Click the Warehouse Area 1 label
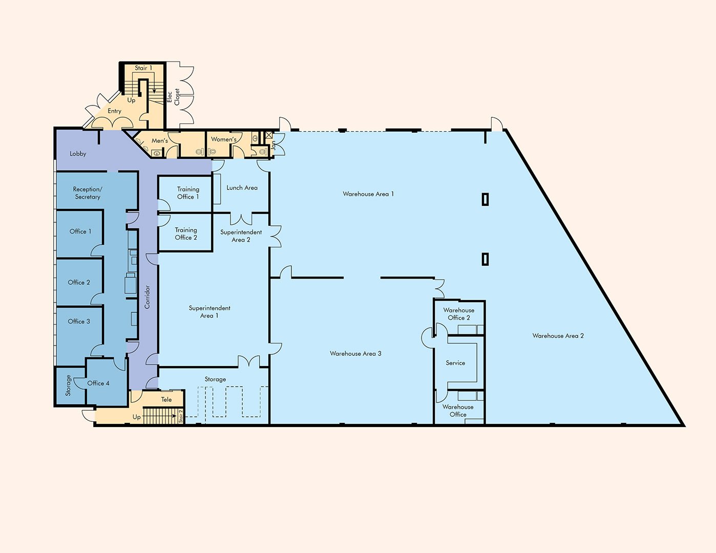pyautogui.click(x=368, y=194)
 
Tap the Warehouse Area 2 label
pyautogui.click(x=558, y=335)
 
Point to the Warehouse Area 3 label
pyautogui.click(x=355, y=353)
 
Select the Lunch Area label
pyautogui.click(x=242, y=188)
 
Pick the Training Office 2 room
pyautogui.click(x=185, y=233)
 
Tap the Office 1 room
pyautogui.click(x=80, y=233)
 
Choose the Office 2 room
pyautogui.click(x=79, y=282)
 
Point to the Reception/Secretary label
pyautogui.click(x=87, y=193)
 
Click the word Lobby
pyautogui.click(x=78, y=154)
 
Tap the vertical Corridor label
pyautogui.click(x=147, y=297)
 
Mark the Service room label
pyautogui.click(x=455, y=363)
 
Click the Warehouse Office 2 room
pyautogui.click(x=459, y=317)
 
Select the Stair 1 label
pyautogui.click(x=143, y=68)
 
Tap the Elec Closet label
pyautogui.click(x=173, y=97)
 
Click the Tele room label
pyautogui.click(x=166, y=399)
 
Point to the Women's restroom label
pyautogui.click(x=224, y=139)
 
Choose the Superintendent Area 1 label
pyautogui.click(x=209, y=312)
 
